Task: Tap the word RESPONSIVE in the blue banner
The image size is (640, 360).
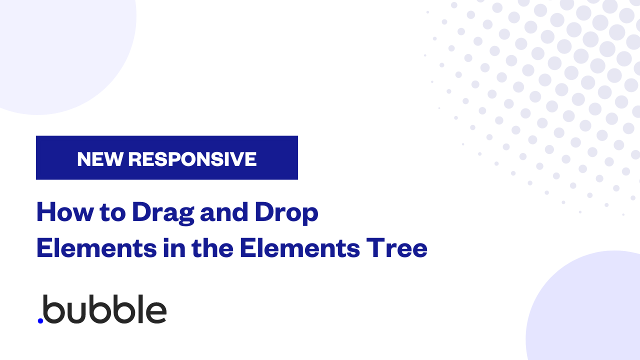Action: point(192,159)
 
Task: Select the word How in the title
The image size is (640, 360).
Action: point(65,212)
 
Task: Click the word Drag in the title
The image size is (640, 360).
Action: point(163,213)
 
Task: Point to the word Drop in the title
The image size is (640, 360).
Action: point(286,213)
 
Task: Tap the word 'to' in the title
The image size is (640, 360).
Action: point(112,213)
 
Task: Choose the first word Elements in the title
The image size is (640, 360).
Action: point(97,247)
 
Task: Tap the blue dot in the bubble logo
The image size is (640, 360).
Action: point(40,321)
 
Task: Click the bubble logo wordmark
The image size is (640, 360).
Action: point(102,309)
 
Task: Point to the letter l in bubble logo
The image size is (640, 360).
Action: point(140,309)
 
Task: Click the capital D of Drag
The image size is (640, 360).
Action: point(143,212)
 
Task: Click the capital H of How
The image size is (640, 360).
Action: point(46,212)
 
